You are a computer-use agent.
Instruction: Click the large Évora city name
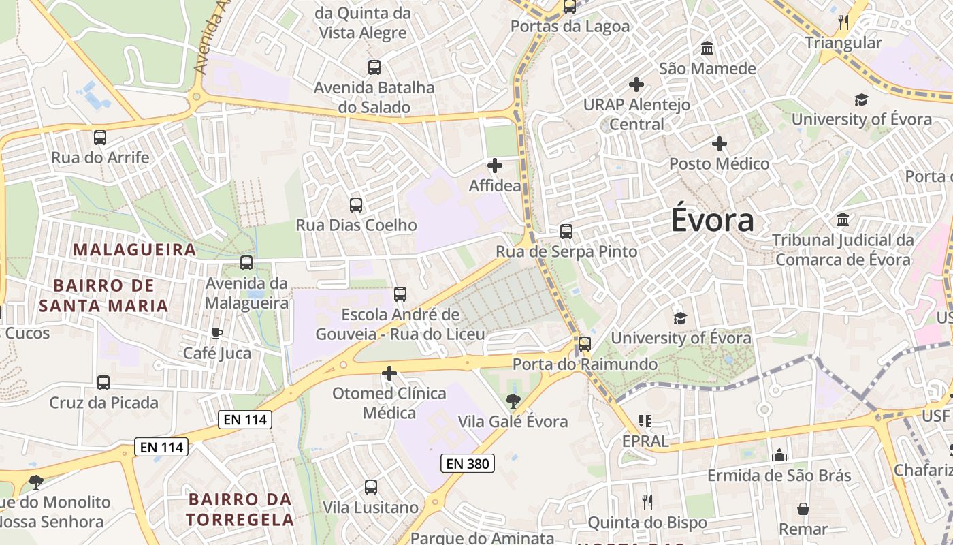pos(713,221)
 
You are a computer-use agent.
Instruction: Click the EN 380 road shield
pos(467,464)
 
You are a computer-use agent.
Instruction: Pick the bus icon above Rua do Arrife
pos(100,138)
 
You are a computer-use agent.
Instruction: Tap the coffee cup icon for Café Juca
pos(216,333)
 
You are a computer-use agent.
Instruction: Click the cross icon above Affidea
pos(495,166)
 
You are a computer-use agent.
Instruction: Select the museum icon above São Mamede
pos(707,49)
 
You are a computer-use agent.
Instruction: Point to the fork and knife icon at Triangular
pos(843,22)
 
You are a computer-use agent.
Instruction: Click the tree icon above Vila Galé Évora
pos(513,401)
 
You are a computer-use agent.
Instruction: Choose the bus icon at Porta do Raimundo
pos(584,343)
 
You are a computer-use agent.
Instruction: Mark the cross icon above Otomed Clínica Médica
pos(389,373)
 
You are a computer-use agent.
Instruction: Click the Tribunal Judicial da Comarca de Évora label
pos(843,249)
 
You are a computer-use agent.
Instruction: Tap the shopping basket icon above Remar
pos(803,509)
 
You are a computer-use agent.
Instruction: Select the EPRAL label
pos(645,441)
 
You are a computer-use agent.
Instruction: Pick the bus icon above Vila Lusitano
pos(370,487)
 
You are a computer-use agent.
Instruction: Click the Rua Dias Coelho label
pos(356,225)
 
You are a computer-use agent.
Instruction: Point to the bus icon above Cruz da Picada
pos(103,382)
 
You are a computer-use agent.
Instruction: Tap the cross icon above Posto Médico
pos(720,144)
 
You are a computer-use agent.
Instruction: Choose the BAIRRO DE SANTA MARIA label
pos(103,295)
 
